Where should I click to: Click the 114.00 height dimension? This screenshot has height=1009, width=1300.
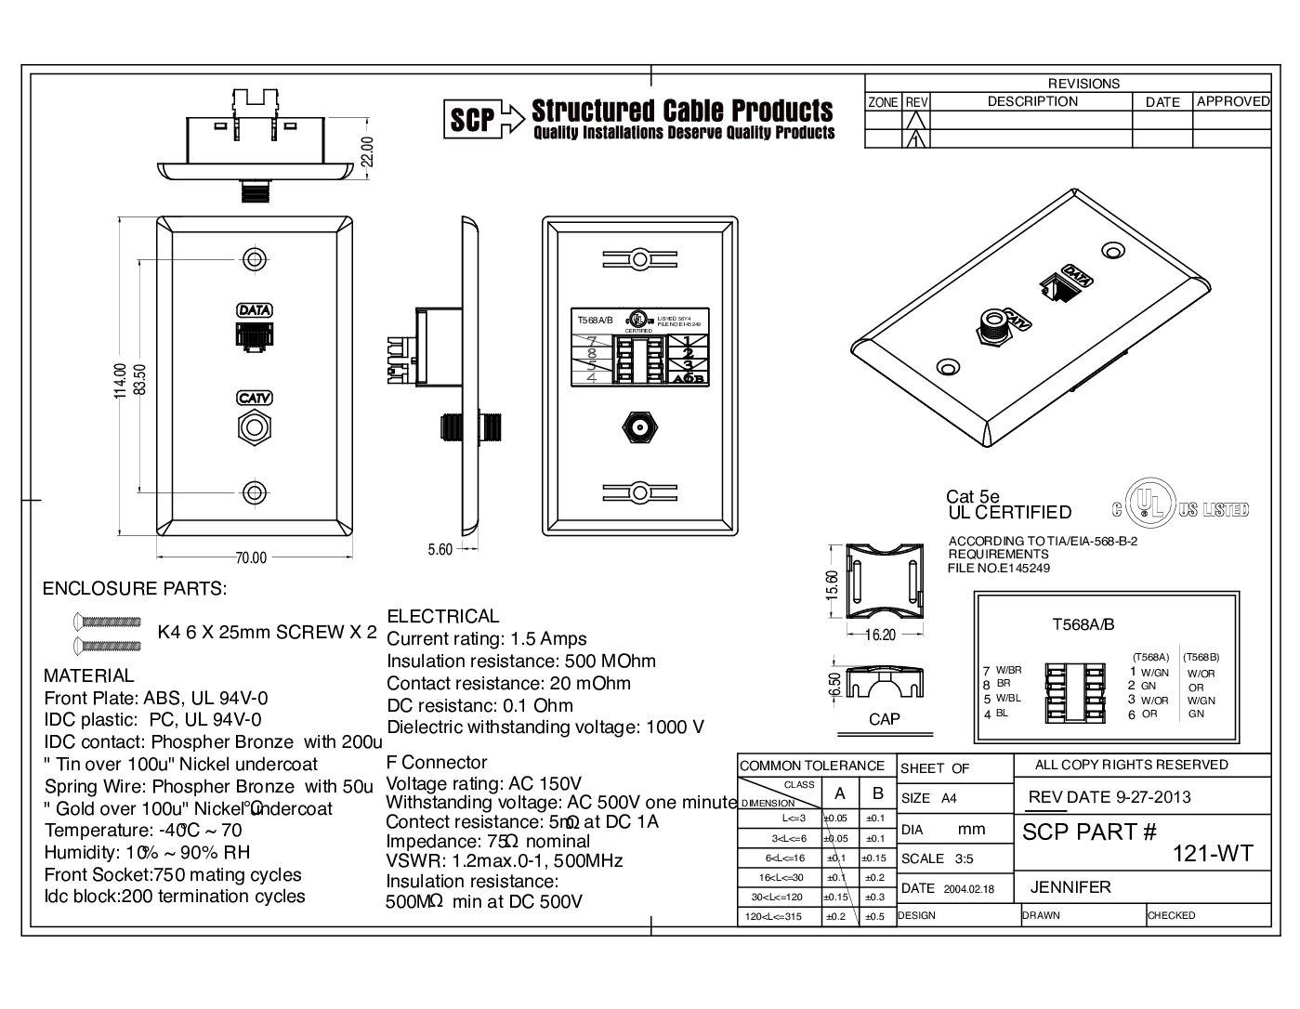coord(120,379)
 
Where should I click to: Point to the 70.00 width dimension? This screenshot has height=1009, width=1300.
coord(250,557)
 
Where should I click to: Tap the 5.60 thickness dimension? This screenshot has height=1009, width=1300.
coord(440,549)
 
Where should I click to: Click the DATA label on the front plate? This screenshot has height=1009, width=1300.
coord(254,309)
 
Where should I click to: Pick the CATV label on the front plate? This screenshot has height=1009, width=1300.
coord(254,398)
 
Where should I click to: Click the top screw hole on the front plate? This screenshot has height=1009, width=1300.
coord(253,258)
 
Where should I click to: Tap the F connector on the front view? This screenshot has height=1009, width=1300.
coord(253,428)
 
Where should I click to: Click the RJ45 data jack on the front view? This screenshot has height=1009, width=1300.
coord(253,335)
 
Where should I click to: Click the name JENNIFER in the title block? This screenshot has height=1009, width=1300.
coord(1070,887)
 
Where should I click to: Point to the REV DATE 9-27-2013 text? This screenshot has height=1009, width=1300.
coord(1110,796)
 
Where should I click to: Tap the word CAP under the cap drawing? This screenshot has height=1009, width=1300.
coord(884,719)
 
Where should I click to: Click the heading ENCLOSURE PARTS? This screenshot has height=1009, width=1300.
coord(135,589)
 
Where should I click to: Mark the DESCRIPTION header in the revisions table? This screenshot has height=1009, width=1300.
coord(1032,101)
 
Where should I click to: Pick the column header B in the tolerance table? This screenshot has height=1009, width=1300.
coord(877,793)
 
